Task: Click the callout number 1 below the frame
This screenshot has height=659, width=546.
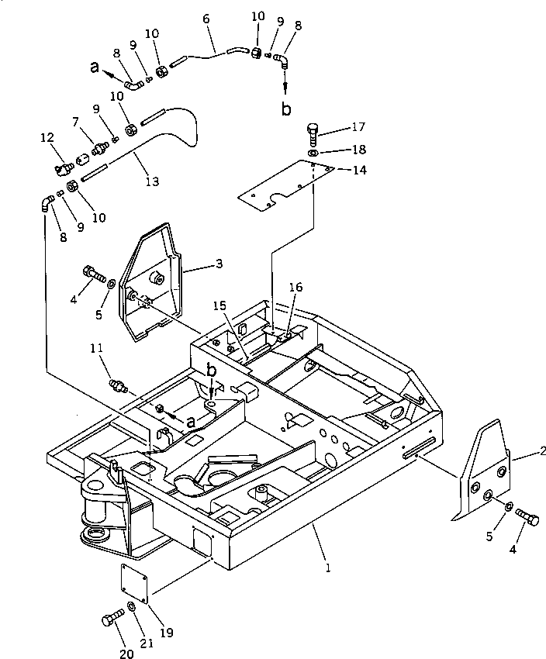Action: (328, 568)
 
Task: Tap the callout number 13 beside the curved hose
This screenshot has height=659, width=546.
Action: (153, 181)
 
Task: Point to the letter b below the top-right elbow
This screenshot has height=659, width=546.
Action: (286, 109)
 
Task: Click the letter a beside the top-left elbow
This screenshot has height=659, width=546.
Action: (95, 69)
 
